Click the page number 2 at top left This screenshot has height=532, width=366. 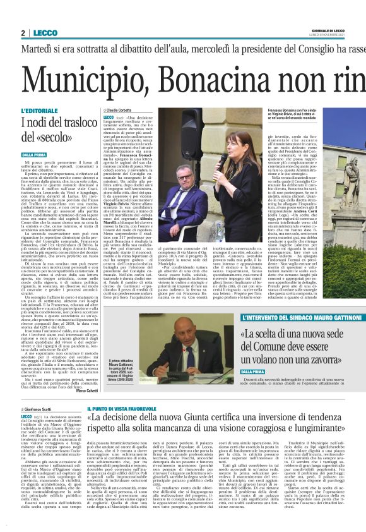coord(23,33)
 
